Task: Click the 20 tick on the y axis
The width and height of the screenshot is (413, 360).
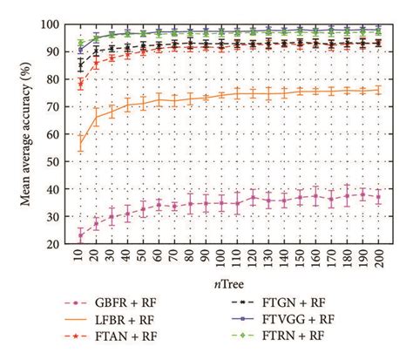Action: point(58,244)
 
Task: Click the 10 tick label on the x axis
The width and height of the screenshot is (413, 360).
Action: point(81,261)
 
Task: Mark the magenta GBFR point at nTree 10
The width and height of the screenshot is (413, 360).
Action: point(81,235)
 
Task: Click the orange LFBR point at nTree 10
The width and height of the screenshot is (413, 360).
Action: point(81,142)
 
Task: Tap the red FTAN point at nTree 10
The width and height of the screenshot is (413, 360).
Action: point(81,84)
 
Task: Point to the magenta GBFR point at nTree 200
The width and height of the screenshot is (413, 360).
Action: point(377,197)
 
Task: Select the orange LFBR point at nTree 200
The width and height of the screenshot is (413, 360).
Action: point(377,90)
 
